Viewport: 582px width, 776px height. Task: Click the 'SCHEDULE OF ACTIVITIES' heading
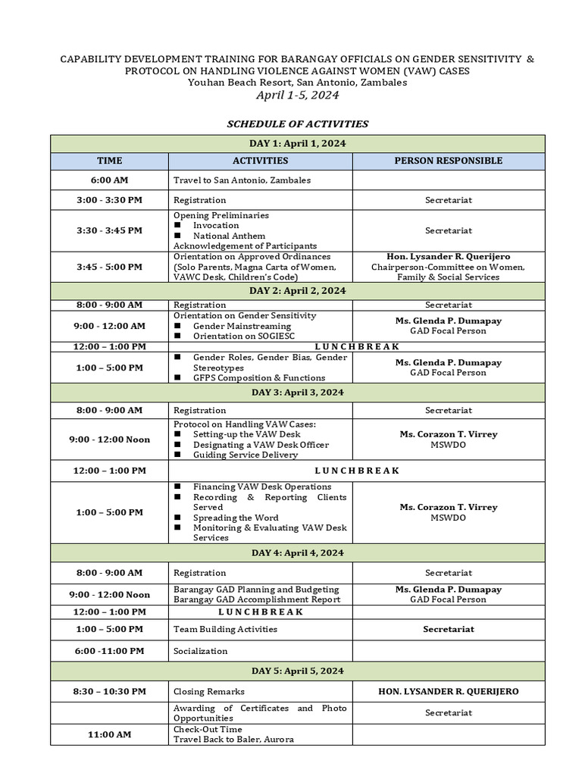click(x=297, y=124)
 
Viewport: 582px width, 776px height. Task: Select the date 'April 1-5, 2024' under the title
click(x=297, y=95)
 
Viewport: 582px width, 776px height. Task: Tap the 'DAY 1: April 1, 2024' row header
click(x=297, y=143)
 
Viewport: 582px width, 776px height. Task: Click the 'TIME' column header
click(x=109, y=161)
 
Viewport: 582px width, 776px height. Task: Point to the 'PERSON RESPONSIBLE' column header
click(x=448, y=161)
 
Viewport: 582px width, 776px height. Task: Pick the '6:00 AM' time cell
click(x=109, y=180)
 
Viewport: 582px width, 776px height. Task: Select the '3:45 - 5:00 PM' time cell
click(x=109, y=267)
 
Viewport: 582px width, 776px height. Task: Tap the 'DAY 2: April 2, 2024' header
click(x=297, y=291)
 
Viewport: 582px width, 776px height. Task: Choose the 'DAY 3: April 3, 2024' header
click(x=297, y=392)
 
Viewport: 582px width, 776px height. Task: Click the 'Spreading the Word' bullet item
click(x=236, y=518)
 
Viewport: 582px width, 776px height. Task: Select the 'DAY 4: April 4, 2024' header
click(x=297, y=552)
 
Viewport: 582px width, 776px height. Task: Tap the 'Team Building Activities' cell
click(x=225, y=629)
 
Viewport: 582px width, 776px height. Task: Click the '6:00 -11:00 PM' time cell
click(x=109, y=651)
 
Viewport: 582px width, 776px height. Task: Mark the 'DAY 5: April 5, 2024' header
click(x=297, y=671)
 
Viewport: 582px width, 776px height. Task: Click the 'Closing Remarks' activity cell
click(x=208, y=691)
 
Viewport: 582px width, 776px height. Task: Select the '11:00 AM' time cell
click(x=109, y=734)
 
